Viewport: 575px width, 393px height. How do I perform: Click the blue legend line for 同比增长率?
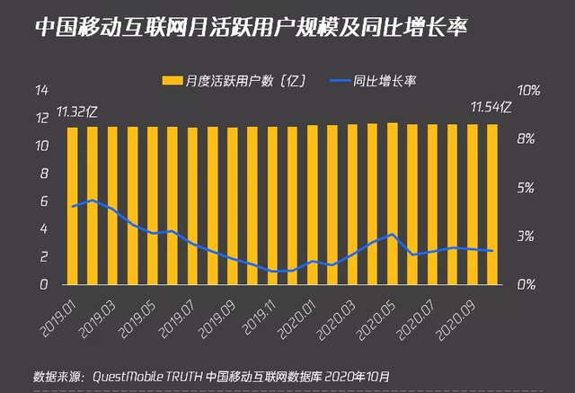pos(337,81)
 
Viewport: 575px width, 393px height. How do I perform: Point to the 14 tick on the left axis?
pos(40,91)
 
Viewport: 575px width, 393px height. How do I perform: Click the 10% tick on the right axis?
pos(528,91)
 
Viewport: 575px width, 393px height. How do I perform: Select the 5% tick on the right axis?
pos(528,188)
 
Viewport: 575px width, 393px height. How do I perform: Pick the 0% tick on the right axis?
pos(528,284)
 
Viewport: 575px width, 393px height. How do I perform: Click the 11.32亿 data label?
pos(76,112)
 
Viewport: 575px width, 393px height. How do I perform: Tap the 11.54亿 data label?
pos(491,109)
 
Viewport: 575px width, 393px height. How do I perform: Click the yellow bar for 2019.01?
pos(72,207)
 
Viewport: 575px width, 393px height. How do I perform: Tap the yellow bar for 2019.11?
pos(271,207)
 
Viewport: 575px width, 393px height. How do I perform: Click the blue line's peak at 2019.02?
pos(92,200)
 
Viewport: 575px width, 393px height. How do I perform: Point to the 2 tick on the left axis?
pos(43,256)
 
